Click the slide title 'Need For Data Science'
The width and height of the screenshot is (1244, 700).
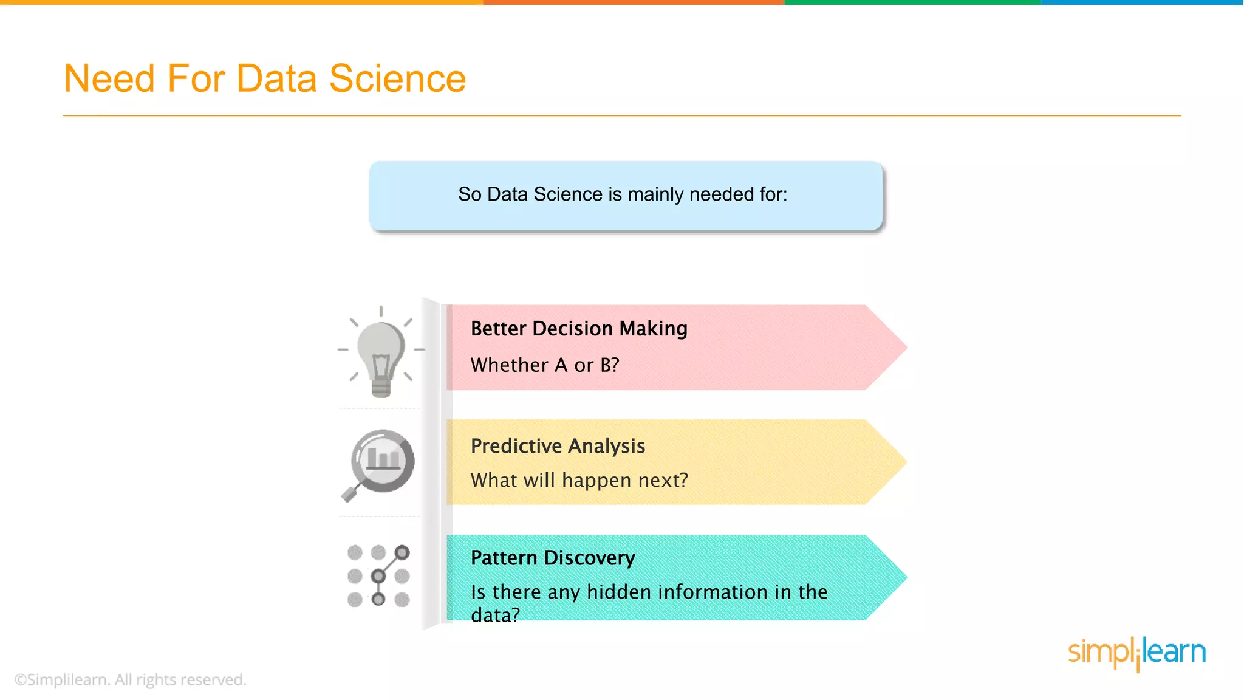coord(265,78)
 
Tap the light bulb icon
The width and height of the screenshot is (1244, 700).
coord(381,352)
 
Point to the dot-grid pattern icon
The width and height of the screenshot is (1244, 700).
coord(378,575)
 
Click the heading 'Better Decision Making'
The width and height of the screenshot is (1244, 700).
coord(579,329)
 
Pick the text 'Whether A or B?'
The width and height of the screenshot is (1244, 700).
coord(545,365)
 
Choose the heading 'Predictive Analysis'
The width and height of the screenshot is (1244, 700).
coord(558,446)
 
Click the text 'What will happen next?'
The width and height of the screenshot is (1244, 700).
coord(579,481)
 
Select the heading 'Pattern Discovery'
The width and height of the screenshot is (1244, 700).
coord(553,558)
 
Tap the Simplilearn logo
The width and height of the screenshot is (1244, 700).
coord(1136,653)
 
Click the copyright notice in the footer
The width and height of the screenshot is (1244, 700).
coord(131,679)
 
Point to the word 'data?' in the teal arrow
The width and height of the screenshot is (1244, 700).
coord(495,615)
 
